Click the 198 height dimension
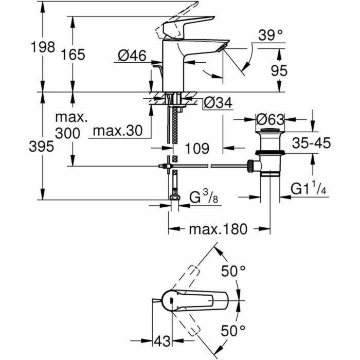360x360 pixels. [x=42, y=47]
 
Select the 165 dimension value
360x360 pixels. [x=73, y=55]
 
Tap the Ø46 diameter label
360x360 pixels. [x=132, y=55]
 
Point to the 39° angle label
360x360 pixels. [x=271, y=35]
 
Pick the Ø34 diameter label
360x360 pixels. [x=218, y=103]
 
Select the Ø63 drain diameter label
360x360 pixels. [x=269, y=119]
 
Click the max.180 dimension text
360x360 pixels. [x=219, y=229]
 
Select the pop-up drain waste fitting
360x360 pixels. [x=269, y=154]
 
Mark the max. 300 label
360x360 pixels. [x=69, y=125]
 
